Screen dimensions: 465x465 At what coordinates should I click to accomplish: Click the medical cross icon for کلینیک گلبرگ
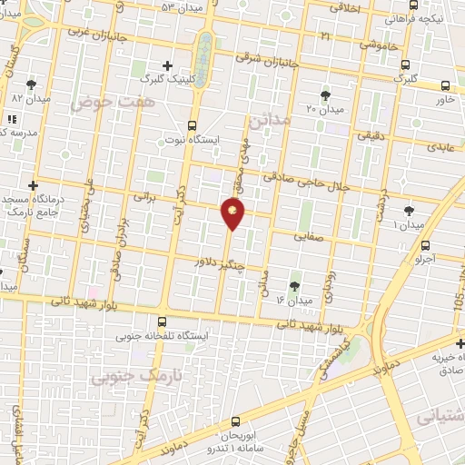click(167, 65)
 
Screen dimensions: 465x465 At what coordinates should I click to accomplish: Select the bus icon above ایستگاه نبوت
click(192, 125)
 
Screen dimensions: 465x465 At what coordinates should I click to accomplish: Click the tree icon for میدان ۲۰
click(325, 94)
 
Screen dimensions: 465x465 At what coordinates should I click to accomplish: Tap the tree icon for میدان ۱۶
click(294, 285)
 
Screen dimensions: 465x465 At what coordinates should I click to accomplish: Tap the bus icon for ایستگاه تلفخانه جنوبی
click(162, 322)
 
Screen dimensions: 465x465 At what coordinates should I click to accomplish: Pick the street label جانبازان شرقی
click(258, 35)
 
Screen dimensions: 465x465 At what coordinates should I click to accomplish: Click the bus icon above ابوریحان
click(236, 420)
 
